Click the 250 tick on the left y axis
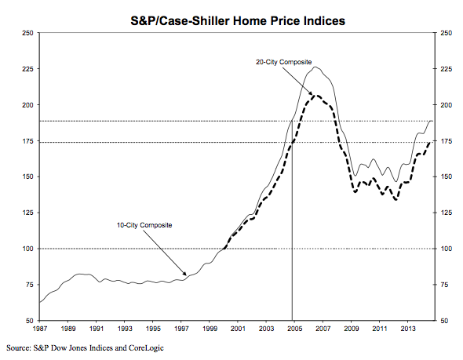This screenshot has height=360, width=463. pyautogui.click(x=28, y=33)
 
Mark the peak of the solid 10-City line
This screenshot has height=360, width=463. pyautogui.click(x=315, y=67)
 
